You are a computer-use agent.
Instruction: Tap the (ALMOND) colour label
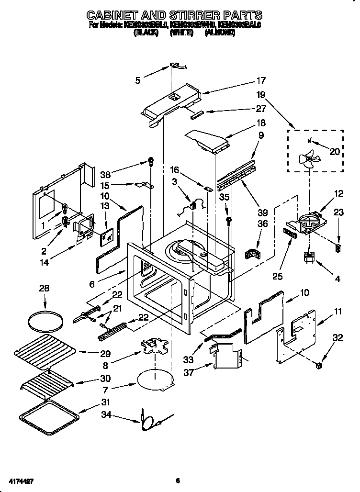pos(220,33)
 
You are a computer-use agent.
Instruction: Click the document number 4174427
pos(20,480)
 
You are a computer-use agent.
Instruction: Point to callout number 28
pos(44,289)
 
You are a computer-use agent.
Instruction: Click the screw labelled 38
pos(151,162)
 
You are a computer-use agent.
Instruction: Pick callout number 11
pos(338,312)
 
